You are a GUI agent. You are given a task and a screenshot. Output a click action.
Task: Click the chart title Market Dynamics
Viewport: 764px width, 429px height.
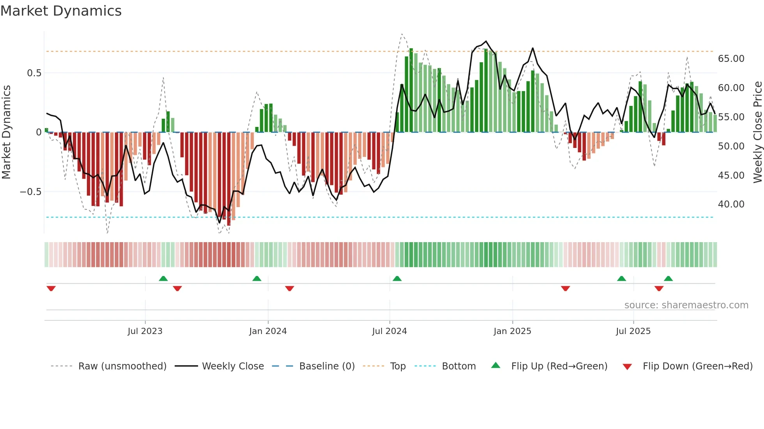[x=61, y=11]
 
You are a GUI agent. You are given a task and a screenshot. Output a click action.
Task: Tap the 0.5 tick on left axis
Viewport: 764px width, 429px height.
[x=34, y=73]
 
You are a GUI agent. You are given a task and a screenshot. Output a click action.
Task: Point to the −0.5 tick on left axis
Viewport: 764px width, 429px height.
[x=31, y=192]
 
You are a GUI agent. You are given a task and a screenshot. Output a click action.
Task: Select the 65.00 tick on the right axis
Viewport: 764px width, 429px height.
[x=731, y=59]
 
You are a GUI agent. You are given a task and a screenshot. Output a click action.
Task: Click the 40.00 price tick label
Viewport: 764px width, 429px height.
[x=731, y=204]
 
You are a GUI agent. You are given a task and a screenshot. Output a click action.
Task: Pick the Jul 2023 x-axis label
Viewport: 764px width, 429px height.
[x=145, y=331]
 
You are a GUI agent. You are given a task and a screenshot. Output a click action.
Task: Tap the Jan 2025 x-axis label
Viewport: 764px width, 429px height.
[x=512, y=331]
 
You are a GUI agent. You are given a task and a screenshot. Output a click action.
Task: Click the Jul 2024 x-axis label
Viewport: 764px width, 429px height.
[x=389, y=331]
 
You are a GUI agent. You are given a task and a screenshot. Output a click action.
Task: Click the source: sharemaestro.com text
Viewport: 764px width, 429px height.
[x=686, y=305]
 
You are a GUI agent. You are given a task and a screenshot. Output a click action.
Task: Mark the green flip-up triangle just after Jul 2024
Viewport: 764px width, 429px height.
[x=397, y=278]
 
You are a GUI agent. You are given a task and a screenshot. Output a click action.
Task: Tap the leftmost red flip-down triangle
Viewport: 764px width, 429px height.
[x=51, y=288]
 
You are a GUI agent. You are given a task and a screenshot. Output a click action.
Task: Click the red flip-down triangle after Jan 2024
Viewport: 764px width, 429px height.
[x=290, y=288]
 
